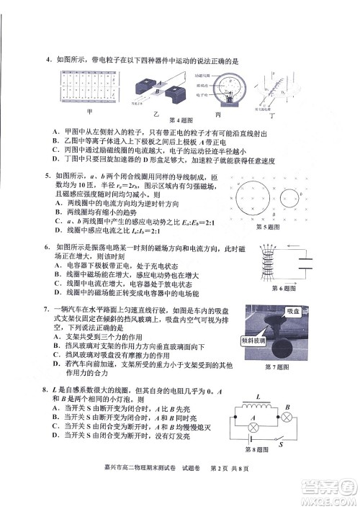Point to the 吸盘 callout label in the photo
pyautogui.click(x=292, y=311)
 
